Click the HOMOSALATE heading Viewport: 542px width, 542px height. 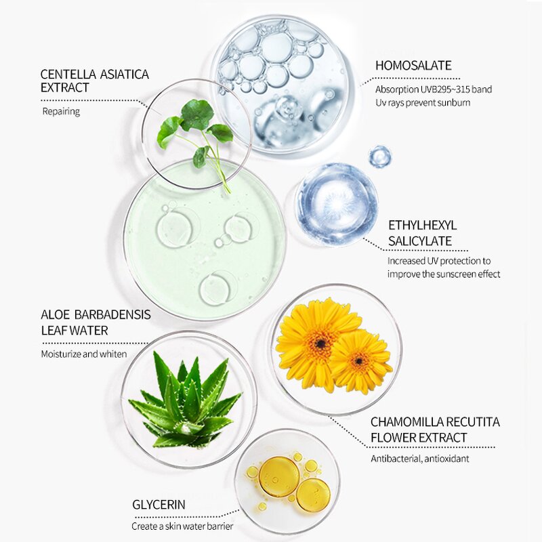(413, 65)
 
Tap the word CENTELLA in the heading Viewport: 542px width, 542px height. (68, 75)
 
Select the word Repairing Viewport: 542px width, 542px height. (61, 112)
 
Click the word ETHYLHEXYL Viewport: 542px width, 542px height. (422, 226)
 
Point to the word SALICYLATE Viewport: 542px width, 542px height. (420, 241)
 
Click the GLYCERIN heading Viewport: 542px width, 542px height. (159, 505)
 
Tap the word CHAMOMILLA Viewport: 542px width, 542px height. (406, 422)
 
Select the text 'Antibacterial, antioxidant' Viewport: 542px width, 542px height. (420, 459)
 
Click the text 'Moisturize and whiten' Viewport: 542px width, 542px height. (84, 354)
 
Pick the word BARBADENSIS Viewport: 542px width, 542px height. (112, 314)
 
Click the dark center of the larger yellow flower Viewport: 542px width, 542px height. (321, 343)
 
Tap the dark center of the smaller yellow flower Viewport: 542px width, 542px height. (359, 361)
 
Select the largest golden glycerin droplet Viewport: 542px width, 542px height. (279, 477)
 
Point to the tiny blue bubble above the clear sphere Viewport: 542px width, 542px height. (379, 157)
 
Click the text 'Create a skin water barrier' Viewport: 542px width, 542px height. (182, 526)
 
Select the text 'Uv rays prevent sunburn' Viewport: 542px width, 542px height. (423, 103)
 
